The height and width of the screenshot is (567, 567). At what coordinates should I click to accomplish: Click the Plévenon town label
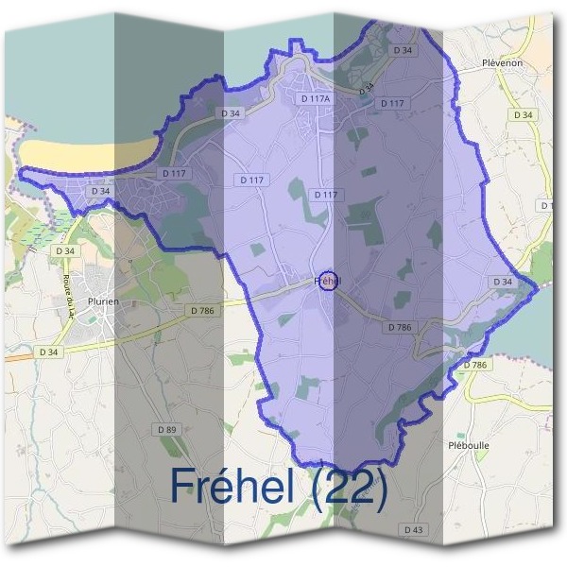pyautogui.click(x=502, y=63)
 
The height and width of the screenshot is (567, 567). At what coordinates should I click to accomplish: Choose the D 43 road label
pyautogui.click(x=413, y=530)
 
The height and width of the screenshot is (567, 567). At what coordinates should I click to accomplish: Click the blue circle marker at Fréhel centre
pyautogui.click(x=328, y=281)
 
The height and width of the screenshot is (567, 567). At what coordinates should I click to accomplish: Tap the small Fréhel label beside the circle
pyautogui.click(x=319, y=281)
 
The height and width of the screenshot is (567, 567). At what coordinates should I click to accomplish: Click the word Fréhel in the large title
pyautogui.click(x=239, y=486)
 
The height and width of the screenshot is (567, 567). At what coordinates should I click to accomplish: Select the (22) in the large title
pyautogui.click(x=353, y=488)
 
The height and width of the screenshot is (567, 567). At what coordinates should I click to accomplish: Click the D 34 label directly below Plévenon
pyautogui.click(x=524, y=114)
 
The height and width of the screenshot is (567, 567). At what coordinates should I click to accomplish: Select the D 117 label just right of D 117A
pyautogui.click(x=391, y=103)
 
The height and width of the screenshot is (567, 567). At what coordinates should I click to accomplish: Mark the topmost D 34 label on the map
pyautogui.click(x=403, y=49)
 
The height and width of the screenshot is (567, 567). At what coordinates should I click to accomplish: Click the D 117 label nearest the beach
pyautogui.click(x=172, y=173)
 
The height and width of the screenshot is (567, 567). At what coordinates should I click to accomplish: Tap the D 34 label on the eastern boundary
pyautogui.click(x=503, y=282)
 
